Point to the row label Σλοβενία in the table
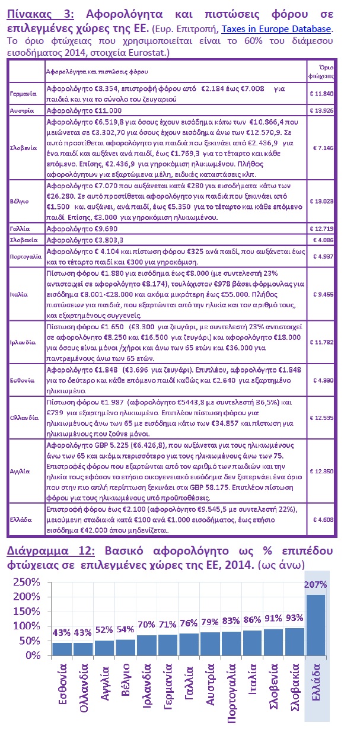[25, 147]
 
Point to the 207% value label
[315, 584]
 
